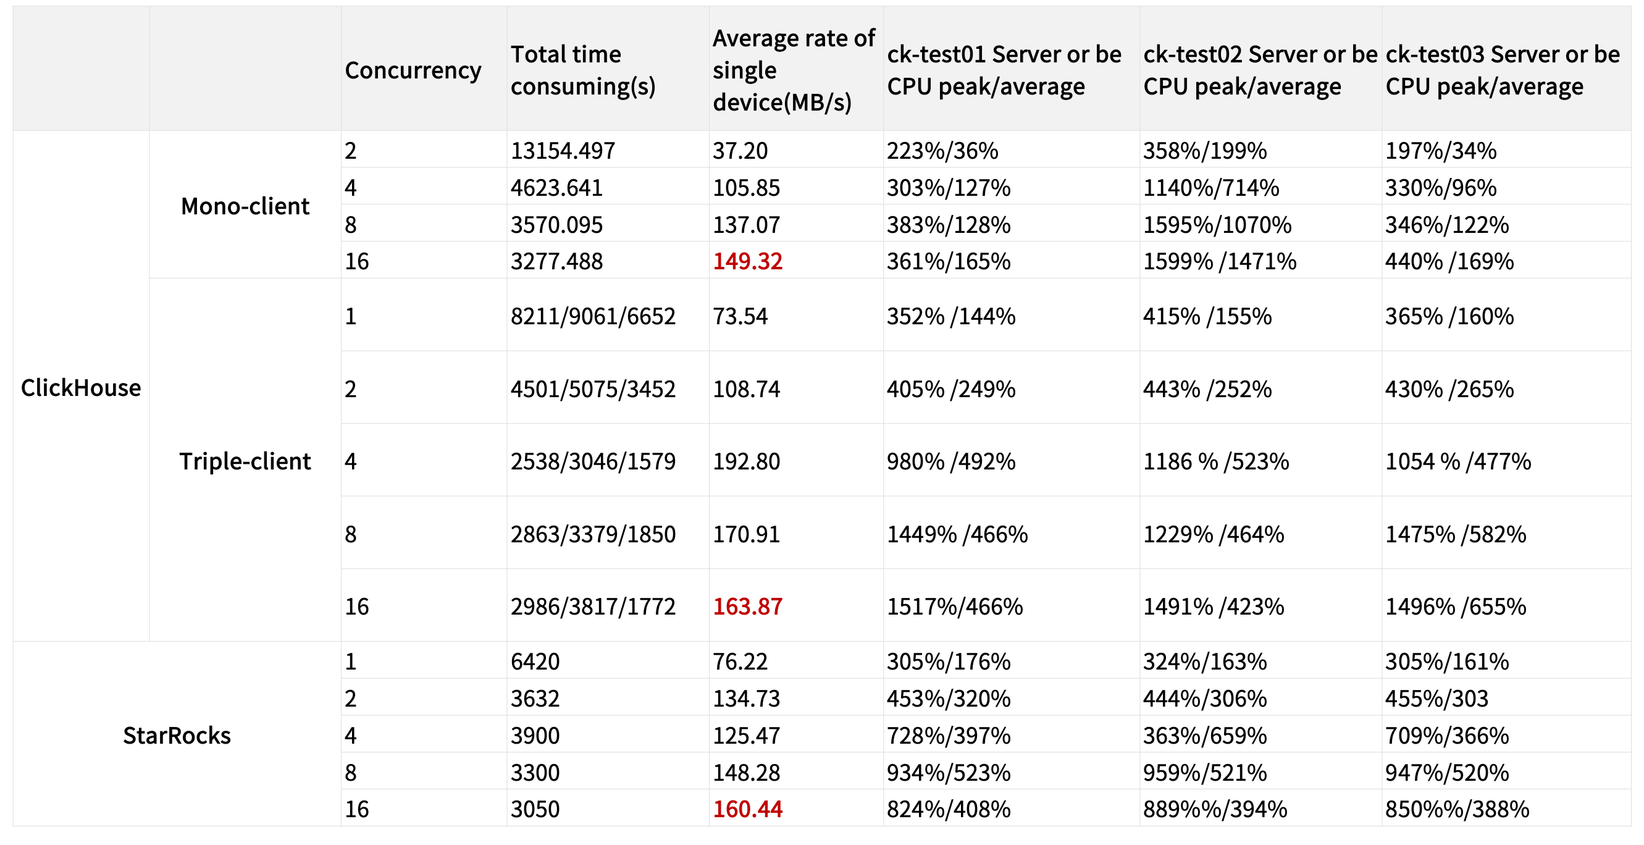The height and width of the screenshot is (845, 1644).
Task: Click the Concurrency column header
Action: point(413,70)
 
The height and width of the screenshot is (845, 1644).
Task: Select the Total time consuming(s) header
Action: point(582,70)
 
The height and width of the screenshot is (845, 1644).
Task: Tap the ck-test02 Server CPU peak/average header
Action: point(1260,70)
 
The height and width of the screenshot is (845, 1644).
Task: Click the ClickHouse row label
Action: point(81,387)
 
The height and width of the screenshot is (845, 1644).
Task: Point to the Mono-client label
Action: point(245,206)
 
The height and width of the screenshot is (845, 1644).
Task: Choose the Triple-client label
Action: point(245,461)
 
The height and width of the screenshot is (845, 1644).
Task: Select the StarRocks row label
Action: point(177,735)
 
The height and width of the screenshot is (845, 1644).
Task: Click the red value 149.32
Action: point(747,261)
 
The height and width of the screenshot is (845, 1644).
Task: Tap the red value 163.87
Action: point(747,607)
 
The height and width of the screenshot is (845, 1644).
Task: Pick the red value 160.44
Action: point(747,809)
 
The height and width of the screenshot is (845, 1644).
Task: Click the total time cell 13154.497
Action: point(563,151)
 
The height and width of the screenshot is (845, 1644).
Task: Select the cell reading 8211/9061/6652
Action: point(593,316)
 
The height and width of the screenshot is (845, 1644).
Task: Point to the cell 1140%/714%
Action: point(1211,188)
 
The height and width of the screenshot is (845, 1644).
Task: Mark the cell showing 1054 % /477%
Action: point(1458,461)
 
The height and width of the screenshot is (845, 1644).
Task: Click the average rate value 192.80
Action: point(747,461)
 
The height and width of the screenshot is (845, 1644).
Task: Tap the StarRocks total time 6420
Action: point(535,661)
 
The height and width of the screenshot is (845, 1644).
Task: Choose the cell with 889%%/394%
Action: point(1215,809)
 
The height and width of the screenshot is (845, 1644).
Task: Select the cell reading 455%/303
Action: point(1436,698)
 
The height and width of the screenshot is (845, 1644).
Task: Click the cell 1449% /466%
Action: point(957,534)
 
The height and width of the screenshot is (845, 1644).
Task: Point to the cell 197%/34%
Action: point(1440,151)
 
